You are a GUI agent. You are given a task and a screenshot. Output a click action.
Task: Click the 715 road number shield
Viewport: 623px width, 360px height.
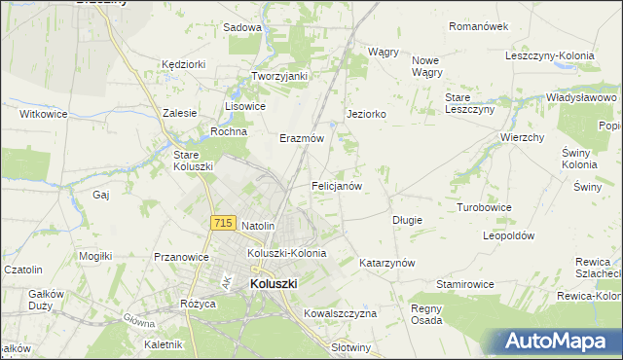(223, 223)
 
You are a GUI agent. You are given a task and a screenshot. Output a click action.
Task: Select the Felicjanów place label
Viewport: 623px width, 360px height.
(337, 185)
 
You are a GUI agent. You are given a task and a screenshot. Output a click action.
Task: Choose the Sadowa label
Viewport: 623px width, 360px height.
(242, 27)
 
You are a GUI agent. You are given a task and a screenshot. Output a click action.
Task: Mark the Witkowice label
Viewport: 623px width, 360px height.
(43, 114)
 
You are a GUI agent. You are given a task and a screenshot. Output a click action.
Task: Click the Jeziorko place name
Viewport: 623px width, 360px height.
(367, 114)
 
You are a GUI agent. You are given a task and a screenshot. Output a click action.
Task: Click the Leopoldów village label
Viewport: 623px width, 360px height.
(509, 235)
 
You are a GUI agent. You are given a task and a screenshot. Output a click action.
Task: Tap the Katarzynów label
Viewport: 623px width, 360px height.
(386, 264)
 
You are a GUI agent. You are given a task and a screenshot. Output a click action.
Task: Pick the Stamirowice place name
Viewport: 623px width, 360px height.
(464, 284)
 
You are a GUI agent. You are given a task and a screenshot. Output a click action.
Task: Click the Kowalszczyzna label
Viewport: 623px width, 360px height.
(340, 313)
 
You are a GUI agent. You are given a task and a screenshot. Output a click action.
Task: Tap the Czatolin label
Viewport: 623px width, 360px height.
(23, 270)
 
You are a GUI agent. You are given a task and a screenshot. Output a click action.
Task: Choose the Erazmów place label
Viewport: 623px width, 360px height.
(302, 138)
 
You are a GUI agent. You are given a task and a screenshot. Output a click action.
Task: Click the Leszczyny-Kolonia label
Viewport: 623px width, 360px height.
(550, 55)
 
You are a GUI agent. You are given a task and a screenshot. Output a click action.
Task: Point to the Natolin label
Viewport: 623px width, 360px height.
(259, 226)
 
